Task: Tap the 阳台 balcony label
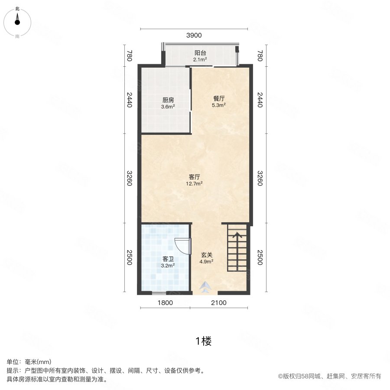click(200, 53)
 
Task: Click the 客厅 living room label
click(195, 177)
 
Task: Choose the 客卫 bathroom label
click(168, 260)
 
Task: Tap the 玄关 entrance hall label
click(206, 255)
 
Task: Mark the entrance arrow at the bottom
click(206, 287)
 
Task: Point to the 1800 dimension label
click(165, 303)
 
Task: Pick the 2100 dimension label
click(219, 303)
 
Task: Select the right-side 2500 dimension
click(260, 258)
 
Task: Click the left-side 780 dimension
click(129, 56)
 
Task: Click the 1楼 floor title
click(203, 341)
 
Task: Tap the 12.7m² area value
click(195, 183)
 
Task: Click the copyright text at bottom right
click(329, 376)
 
